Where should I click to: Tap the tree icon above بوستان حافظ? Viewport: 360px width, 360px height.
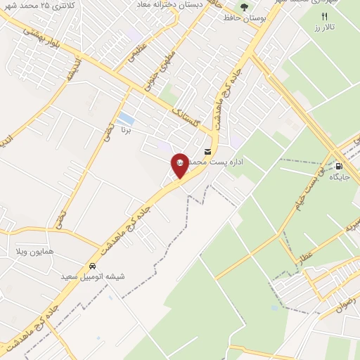pyautogui.click(x=243, y=7)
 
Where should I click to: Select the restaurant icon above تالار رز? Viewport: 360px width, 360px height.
pyautogui.click(x=324, y=16)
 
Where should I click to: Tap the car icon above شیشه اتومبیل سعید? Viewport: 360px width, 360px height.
pyautogui.click(x=93, y=266)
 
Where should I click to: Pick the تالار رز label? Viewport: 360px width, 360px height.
pyautogui.click(x=324, y=27)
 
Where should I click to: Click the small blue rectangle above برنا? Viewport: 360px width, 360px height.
pyautogui.click(x=126, y=118)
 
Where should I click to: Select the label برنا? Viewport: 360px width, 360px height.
pyautogui.click(x=127, y=130)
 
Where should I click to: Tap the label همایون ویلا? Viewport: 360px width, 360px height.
pyautogui.click(x=35, y=251)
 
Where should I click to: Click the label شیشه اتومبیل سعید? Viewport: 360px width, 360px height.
pyautogui.click(x=94, y=276)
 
